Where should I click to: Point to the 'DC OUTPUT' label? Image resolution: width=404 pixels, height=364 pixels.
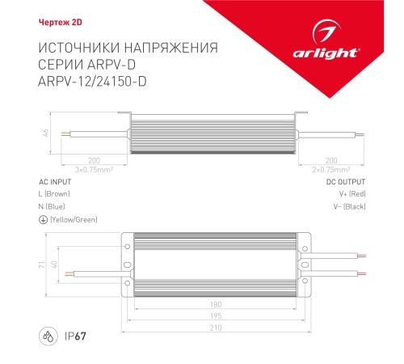[346, 183]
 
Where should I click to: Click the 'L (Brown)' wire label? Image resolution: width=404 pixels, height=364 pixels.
[55, 195]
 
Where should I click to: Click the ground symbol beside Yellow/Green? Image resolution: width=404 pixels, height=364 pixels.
[42, 220]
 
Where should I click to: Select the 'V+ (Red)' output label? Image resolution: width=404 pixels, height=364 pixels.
[351, 195]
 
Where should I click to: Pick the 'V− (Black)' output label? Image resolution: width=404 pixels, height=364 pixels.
[349, 207]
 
